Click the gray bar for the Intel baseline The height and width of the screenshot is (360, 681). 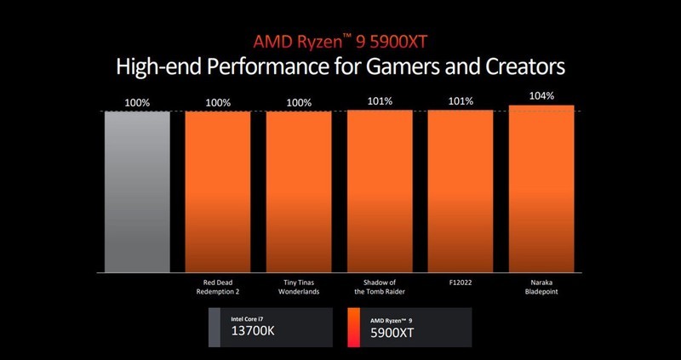[137, 191]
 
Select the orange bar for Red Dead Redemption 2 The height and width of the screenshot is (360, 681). [218, 191]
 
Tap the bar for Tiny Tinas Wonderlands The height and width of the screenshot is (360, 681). [299, 191]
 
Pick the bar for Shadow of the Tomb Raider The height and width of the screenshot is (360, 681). [380, 191]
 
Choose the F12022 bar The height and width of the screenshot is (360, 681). [460, 191]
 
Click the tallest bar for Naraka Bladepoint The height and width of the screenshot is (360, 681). [541, 188]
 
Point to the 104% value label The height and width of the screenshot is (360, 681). [541, 96]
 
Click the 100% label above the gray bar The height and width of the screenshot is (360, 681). [137, 103]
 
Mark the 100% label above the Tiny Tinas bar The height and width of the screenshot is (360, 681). [299, 103]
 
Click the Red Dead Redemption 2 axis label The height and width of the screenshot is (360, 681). [218, 288]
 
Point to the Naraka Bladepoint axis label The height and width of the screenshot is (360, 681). [541, 288]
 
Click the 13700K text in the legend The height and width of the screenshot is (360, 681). [253, 334]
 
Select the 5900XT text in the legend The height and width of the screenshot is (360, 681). [392, 334]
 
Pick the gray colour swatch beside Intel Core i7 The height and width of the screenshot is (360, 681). [215, 328]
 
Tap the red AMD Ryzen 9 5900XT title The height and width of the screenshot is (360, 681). [340, 41]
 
